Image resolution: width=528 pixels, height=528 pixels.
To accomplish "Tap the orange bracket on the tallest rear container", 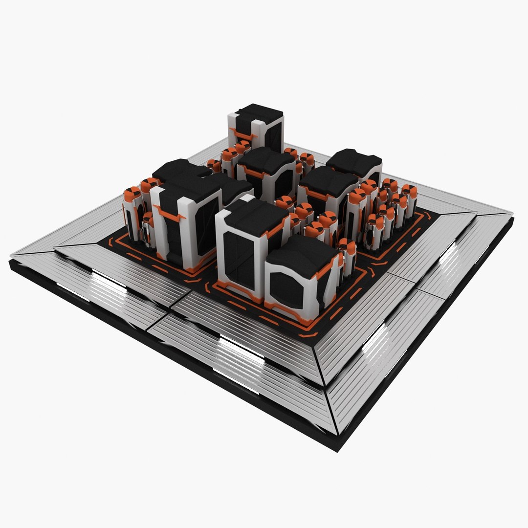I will (x=242, y=133).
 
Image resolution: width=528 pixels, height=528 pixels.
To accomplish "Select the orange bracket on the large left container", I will (x=169, y=214).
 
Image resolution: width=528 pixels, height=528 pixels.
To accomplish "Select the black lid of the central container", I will (x=266, y=161).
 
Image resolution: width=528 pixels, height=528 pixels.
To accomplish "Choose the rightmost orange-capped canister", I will (x=410, y=192).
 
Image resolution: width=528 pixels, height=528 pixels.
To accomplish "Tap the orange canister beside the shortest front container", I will (x=348, y=249).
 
